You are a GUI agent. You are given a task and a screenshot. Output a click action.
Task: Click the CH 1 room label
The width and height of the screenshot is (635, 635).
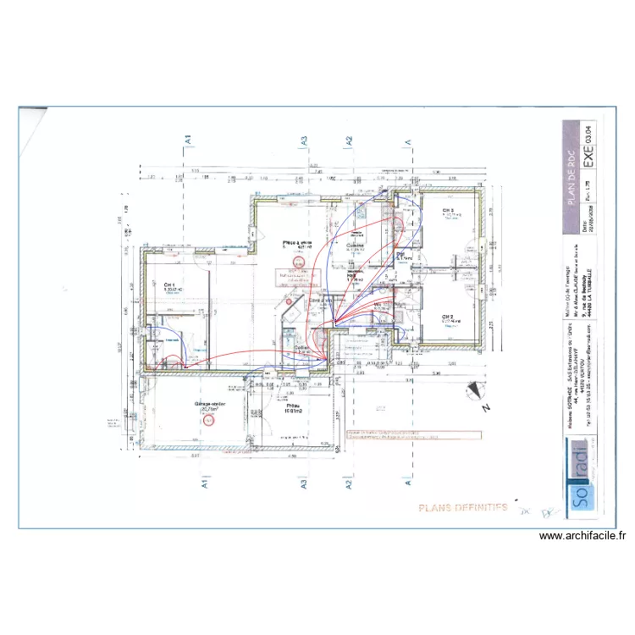tap(169, 284)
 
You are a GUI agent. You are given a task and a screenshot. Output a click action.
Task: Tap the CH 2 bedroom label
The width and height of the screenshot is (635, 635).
tap(449, 317)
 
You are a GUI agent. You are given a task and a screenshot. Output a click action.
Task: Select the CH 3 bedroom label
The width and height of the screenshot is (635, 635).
tap(447, 211)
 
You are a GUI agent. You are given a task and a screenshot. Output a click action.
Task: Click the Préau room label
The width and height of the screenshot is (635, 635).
tap(294, 406)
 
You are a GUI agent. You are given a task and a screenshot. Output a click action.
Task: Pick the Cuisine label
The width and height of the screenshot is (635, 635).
tap(354, 246)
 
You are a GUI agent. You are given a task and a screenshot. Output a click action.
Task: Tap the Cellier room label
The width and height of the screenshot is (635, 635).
tap(301, 347)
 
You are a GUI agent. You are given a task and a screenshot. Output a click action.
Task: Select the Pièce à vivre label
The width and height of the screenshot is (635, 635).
tap(297, 242)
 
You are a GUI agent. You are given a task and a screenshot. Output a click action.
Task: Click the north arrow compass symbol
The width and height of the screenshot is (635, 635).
tap(476, 393)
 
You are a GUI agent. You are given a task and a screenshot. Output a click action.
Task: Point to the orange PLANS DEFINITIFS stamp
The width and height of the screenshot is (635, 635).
tap(462, 507)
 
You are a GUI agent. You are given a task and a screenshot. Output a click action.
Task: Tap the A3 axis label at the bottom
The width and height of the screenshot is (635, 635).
tap(301, 485)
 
